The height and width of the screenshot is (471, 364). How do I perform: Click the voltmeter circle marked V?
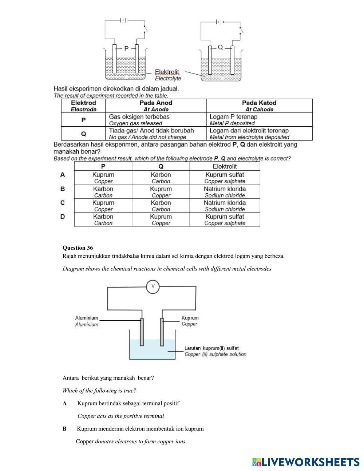[x=153, y=286]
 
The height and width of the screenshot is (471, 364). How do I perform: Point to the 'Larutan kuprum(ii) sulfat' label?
[x=211, y=348]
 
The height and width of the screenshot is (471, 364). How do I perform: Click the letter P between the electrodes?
[x=126, y=48]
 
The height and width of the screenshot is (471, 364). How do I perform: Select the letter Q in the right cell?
[x=220, y=47]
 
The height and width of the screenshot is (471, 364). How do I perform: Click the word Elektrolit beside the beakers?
[x=167, y=72]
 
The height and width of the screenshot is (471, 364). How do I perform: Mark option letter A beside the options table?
[x=63, y=175]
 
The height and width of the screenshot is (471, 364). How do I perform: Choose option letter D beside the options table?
[x=63, y=217]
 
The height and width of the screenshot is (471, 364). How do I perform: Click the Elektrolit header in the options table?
[x=225, y=166]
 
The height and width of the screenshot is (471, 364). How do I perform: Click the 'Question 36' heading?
[x=78, y=248]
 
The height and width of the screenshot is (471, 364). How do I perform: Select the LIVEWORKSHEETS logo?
[x=306, y=462]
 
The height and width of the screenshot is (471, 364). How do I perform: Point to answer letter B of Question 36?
[x=64, y=429]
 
